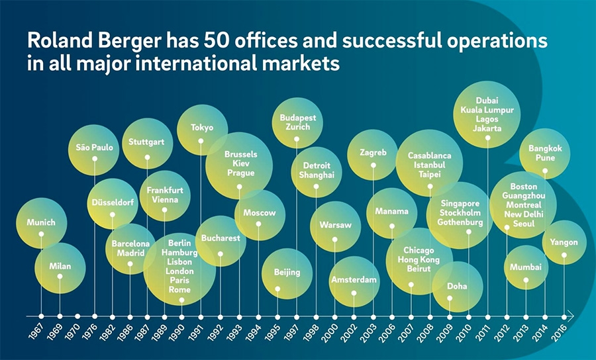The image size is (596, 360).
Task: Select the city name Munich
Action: pyautogui.click(x=41, y=223)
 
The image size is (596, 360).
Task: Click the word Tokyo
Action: pyautogui.click(x=202, y=127)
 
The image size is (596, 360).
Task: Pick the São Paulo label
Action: pyautogui.click(x=94, y=146)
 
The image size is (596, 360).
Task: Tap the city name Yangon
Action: pyautogui.click(x=564, y=242)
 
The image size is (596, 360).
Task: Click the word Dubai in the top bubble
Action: pyautogui.click(x=487, y=101)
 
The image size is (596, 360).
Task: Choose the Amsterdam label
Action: pyautogui.click(x=354, y=280)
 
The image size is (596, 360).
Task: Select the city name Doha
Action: pyautogui.click(x=457, y=287)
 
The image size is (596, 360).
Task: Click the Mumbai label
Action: pyautogui.click(x=526, y=267)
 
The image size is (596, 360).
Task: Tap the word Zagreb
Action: pyautogui.click(x=373, y=152)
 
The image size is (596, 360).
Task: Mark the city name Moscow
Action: pyautogui.click(x=259, y=213)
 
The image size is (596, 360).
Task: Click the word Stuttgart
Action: pyautogui.click(x=147, y=142)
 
